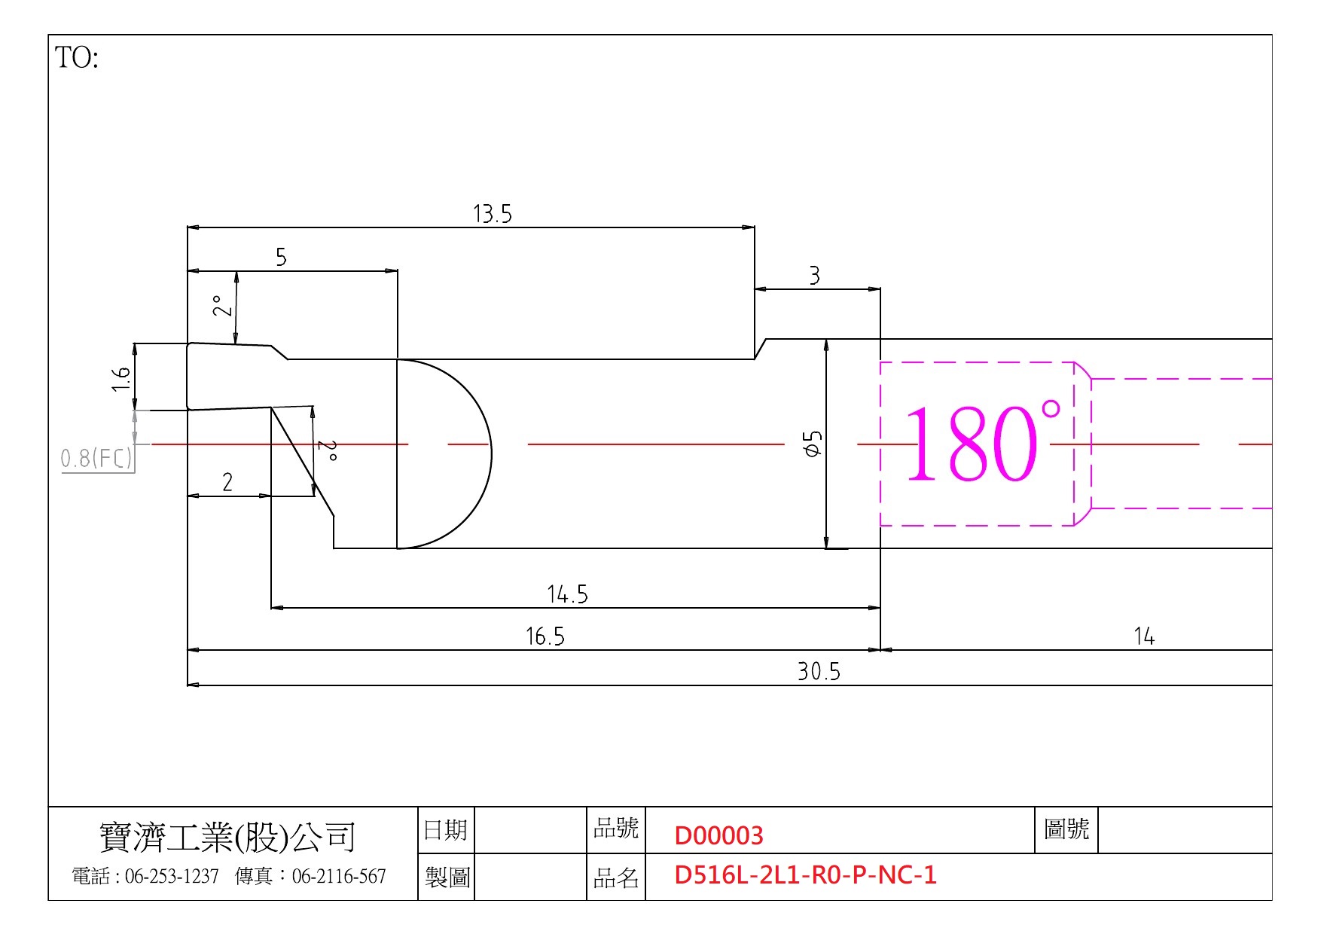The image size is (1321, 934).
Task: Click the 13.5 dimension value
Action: pyautogui.click(x=493, y=214)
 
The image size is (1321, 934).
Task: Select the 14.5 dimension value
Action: pyautogui.click(x=567, y=595)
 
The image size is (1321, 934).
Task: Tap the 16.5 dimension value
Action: pyautogui.click(x=545, y=637)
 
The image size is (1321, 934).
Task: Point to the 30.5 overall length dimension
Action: pyautogui.click(x=819, y=671)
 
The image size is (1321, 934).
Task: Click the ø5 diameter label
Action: pyautogui.click(x=813, y=444)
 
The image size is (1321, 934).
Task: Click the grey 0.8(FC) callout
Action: pyautogui.click(x=96, y=458)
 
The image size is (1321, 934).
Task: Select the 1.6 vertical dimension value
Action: pyautogui.click(x=121, y=379)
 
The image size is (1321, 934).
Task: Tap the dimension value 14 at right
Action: pyautogui.click(x=1144, y=637)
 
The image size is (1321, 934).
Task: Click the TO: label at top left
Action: pyautogui.click(x=77, y=57)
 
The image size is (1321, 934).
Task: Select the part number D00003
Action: pyautogui.click(x=718, y=835)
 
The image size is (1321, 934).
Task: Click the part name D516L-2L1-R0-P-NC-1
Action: pyautogui.click(x=805, y=874)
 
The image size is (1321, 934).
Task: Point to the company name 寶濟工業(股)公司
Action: pyautogui.click(x=227, y=837)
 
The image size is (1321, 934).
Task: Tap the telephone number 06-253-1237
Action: pyautogui.click(x=172, y=876)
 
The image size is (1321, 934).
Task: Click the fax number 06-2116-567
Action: pyautogui.click(x=339, y=876)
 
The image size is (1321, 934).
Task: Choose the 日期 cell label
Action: pyautogui.click(x=446, y=830)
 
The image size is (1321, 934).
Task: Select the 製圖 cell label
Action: pyautogui.click(x=447, y=877)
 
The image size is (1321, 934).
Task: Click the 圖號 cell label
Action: pyautogui.click(x=1066, y=829)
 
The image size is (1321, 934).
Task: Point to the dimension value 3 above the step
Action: pyautogui.click(x=814, y=276)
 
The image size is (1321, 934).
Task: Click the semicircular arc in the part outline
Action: pyautogui.click(x=491, y=453)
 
